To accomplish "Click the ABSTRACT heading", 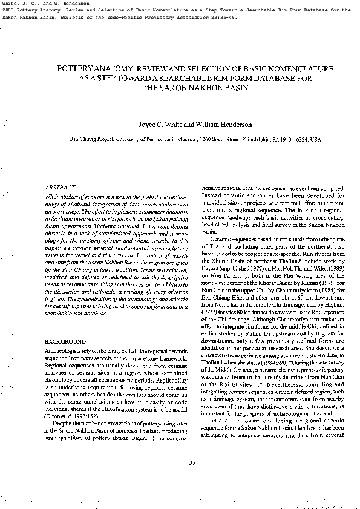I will click(61, 188).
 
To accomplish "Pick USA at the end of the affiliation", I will click(315, 139).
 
